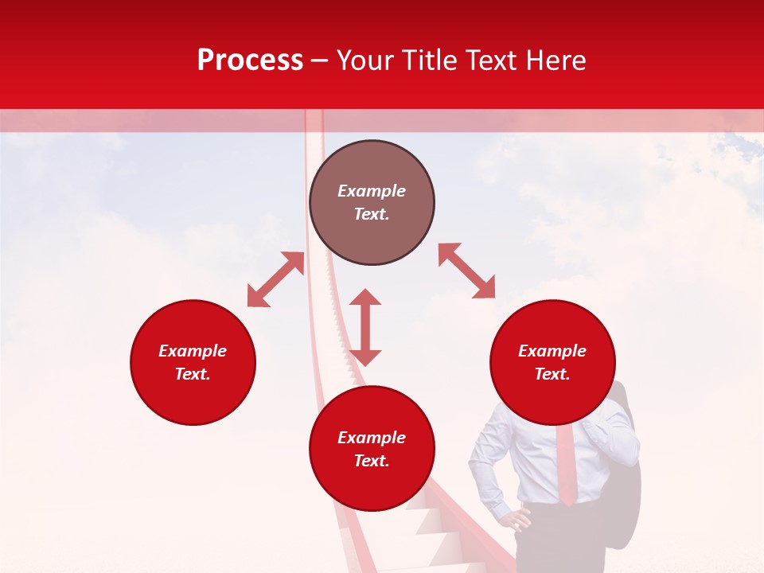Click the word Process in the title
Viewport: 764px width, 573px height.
pyautogui.click(x=250, y=60)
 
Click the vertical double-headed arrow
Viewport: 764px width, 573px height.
pyautogui.click(x=365, y=327)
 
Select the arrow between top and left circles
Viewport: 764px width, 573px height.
pyautogui.click(x=275, y=279)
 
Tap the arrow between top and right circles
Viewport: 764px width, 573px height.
pyautogui.click(x=466, y=271)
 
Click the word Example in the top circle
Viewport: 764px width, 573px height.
pyautogui.click(x=372, y=191)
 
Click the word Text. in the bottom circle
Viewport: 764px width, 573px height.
pyautogui.click(x=372, y=461)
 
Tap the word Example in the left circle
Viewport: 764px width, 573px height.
pyautogui.click(x=193, y=351)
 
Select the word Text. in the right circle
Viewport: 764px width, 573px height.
pyautogui.click(x=552, y=374)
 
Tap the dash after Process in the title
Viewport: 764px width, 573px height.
pyautogui.click(x=320, y=60)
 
